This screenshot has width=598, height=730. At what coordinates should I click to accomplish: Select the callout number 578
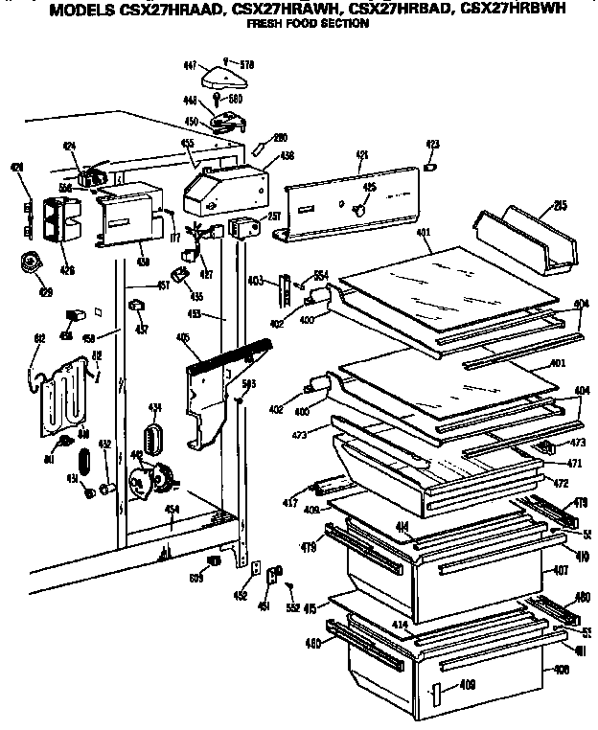point(248,65)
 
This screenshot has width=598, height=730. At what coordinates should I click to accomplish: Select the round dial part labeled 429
point(32,262)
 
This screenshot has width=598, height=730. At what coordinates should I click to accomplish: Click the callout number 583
point(248,384)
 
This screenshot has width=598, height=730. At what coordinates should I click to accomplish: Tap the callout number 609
point(195,578)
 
